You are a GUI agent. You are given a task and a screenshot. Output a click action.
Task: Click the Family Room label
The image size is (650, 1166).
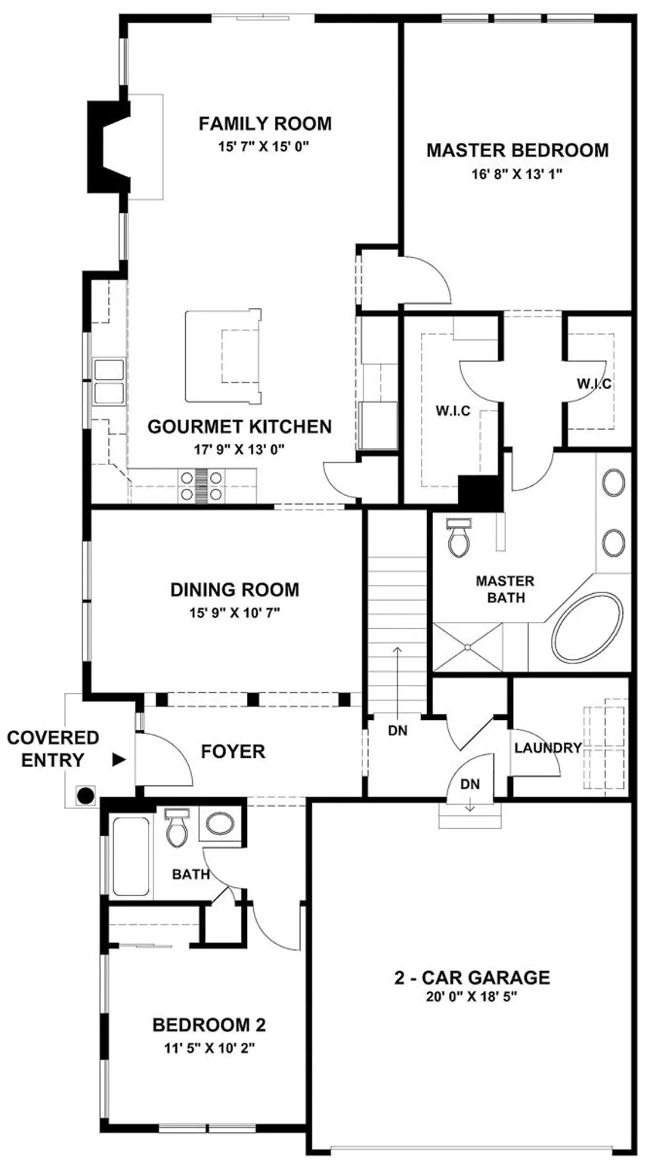[x=265, y=123]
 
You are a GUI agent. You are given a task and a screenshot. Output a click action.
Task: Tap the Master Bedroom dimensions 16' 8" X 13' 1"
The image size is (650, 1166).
[x=517, y=174]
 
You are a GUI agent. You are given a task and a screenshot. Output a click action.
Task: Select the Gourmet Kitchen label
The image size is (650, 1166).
[x=240, y=426]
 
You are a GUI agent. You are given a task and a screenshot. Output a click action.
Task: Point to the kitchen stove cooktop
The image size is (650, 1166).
[x=202, y=486]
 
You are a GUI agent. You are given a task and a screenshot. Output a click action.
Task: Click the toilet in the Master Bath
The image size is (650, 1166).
[x=459, y=538]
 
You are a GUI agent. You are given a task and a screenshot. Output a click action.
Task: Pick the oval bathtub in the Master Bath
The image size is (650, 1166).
[x=588, y=631]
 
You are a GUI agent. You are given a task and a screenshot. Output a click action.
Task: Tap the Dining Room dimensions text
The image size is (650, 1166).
[x=234, y=613]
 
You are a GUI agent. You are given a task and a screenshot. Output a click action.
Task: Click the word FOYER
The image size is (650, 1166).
[x=233, y=751]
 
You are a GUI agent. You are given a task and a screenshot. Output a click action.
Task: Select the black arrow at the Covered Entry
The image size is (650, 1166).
[x=119, y=760]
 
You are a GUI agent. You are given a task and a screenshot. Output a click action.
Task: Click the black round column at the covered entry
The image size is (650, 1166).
[x=85, y=796]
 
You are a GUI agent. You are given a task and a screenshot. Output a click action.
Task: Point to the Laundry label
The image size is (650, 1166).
[x=548, y=748]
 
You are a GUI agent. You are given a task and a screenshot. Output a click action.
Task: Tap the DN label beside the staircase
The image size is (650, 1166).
[x=398, y=731]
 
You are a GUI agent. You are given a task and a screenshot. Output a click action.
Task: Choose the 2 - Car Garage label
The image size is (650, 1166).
[x=472, y=978]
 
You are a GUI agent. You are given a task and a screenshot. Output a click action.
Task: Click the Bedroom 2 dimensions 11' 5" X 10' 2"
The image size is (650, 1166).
[x=209, y=1048]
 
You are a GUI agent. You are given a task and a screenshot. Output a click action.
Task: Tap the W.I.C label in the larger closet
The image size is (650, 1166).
[x=453, y=410]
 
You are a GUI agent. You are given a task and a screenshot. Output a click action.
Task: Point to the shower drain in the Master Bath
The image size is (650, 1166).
[x=468, y=647]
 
